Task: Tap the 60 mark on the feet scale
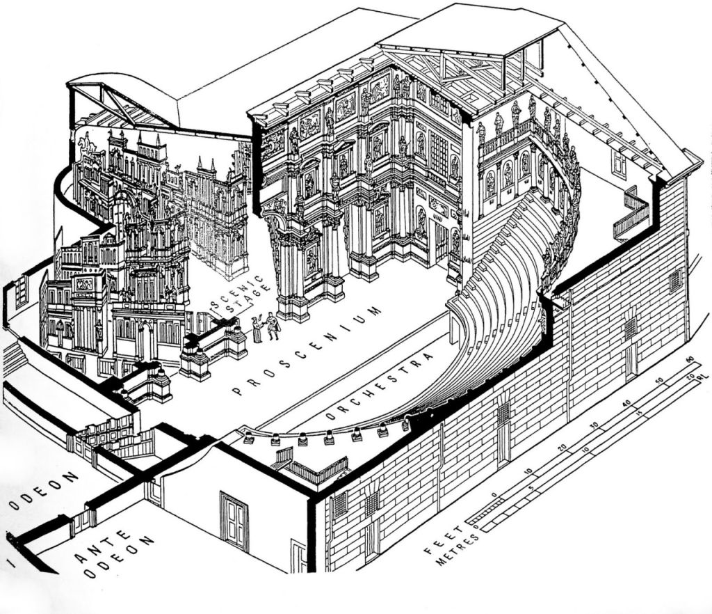pyautogui.click(x=690, y=359)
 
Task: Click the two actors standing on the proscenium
pyautogui.click(x=264, y=327)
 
